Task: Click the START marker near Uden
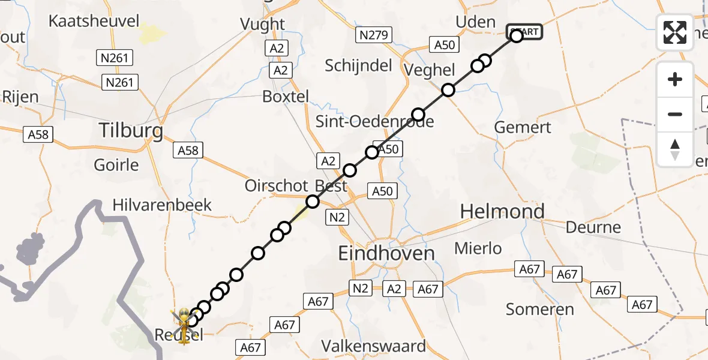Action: point(525,32)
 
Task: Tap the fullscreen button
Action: point(675,32)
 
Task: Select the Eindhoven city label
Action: point(386,253)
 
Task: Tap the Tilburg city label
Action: point(131,130)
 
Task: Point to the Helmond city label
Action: point(502,211)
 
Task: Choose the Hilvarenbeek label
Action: point(162,205)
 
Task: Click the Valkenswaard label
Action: point(374,346)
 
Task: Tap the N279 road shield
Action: point(373,35)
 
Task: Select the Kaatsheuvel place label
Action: point(94,22)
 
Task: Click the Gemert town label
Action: point(522,127)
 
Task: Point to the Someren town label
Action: point(540,310)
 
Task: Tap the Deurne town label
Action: point(593,227)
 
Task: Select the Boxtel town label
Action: point(286,97)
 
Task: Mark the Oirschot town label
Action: point(276,186)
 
